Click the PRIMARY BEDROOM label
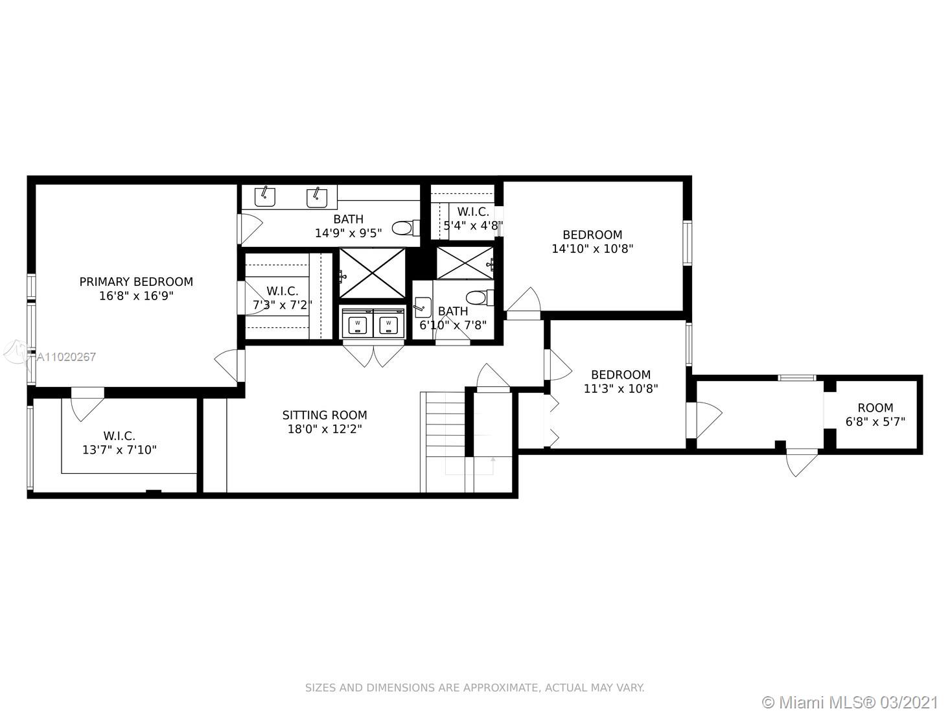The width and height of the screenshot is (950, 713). [136, 282]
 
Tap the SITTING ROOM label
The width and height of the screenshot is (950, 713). [325, 415]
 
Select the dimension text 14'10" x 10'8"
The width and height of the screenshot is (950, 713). [592, 249]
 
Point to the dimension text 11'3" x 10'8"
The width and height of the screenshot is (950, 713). [621, 389]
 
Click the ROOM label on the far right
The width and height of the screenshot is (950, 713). [875, 408]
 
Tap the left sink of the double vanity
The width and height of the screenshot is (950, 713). [265, 197]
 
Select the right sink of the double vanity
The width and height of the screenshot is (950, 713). [317, 198]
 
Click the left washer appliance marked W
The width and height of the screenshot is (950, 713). [357, 323]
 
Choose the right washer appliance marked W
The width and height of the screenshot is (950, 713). [389, 323]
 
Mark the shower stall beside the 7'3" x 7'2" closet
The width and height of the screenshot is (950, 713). [372, 273]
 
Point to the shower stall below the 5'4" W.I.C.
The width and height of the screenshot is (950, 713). [465, 263]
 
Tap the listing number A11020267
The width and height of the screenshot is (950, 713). [66, 356]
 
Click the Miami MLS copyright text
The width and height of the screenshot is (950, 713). [850, 702]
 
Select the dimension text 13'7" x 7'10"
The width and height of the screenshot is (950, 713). [119, 450]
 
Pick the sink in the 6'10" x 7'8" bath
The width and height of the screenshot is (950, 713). [423, 307]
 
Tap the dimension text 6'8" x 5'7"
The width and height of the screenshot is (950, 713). [875, 422]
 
